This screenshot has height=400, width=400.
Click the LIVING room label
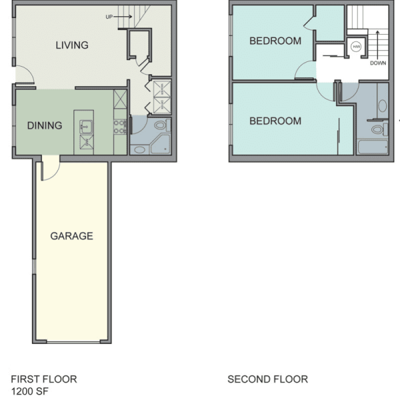pyautogui.click(x=72, y=45)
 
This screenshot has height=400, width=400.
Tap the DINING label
pyautogui.click(x=45, y=125)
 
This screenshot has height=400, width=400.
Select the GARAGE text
pyautogui.click(x=72, y=236)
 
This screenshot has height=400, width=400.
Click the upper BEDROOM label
pyautogui.click(x=275, y=41)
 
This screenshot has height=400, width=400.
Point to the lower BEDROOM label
pyautogui.click(x=275, y=121)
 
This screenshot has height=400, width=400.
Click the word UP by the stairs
pyautogui.click(x=109, y=17)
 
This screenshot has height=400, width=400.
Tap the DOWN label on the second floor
pyautogui.click(x=378, y=63)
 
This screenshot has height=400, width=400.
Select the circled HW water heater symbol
pyautogui.click(x=356, y=47)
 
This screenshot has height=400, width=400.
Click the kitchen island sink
pyautogui.click(x=86, y=127)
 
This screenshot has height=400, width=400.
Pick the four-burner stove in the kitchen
pyautogui.click(x=120, y=127)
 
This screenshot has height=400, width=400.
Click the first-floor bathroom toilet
pyautogui.click(x=162, y=125)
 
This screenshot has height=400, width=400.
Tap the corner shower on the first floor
pyautogui.click(x=160, y=145)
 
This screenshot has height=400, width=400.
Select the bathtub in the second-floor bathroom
pyautogui.click(x=373, y=147)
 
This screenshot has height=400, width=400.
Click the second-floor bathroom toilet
pyautogui.click(x=379, y=129)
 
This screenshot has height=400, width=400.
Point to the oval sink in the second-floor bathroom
pyautogui.click(x=383, y=105)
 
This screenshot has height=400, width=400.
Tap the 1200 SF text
pyautogui.click(x=29, y=391)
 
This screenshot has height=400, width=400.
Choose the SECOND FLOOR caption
pyautogui.click(x=267, y=379)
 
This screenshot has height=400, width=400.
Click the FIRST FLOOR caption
pyautogui.click(x=44, y=379)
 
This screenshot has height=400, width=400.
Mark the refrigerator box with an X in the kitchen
pyautogui.click(x=120, y=99)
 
